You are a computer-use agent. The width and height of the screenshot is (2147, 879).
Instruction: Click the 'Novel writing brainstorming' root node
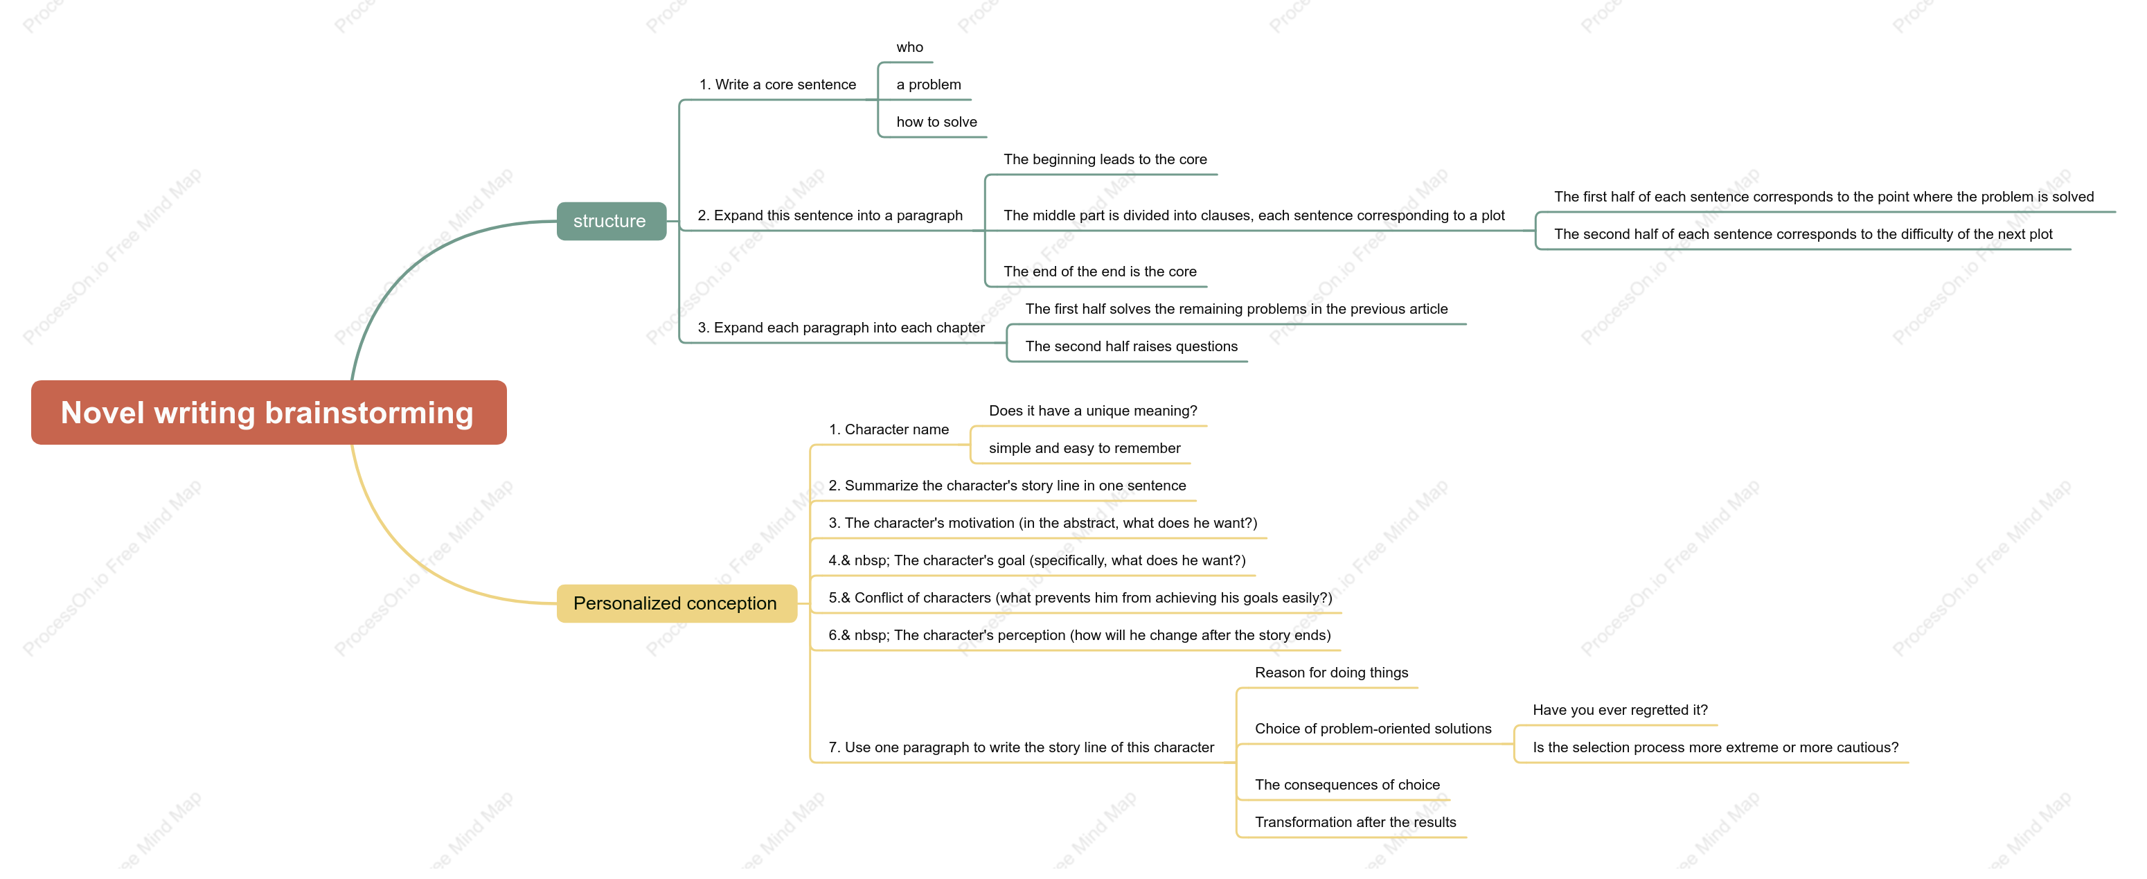269,413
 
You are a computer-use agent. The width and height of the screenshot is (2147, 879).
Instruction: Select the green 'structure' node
611,221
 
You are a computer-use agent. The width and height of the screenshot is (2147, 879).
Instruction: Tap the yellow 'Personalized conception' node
676,603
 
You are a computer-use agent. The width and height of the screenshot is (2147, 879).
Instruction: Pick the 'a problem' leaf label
929,85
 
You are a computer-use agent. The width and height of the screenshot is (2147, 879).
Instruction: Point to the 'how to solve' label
936,123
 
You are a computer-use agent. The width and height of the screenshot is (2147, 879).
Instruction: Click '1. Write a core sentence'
777,85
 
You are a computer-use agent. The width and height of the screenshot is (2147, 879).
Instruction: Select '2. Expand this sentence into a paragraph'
829,216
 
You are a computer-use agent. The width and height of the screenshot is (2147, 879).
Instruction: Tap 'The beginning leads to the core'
1105,160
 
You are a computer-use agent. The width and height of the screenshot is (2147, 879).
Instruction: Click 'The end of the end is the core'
1099,272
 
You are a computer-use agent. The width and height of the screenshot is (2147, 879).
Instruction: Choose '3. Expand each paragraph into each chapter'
840,328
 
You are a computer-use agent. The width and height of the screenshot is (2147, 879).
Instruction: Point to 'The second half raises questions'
1131,347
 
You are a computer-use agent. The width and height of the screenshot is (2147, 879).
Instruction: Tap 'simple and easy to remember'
1085,449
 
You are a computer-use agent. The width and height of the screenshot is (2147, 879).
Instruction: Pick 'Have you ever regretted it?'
1619,711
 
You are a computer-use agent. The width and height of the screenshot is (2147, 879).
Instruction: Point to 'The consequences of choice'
1347,785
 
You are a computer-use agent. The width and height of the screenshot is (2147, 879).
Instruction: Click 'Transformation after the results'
1355,823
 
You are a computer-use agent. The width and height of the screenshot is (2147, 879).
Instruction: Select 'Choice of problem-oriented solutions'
1373,729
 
